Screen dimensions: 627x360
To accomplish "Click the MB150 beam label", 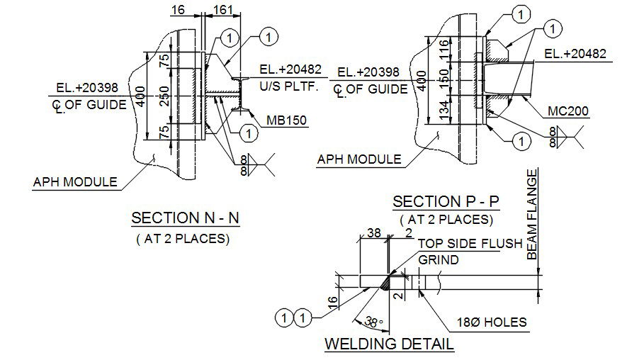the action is tap(286, 120).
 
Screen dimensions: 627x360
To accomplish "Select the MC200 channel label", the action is tap(567, 111).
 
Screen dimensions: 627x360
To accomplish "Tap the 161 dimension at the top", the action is tap(222, 9).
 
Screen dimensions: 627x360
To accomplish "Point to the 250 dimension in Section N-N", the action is tap(164, 96).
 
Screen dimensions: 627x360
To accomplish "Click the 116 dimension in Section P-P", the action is tap(444, 50).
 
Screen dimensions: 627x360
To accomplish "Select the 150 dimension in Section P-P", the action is tap(444, 79).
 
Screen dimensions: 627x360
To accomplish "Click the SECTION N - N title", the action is tap(185, 218).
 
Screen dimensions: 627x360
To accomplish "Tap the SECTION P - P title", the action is tap(446, 201).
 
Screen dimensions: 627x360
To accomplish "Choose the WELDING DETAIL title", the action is tap(389, 344).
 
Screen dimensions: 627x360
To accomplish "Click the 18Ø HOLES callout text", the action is tap(492, 322).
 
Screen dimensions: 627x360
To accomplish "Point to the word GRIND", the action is tap(439, 260).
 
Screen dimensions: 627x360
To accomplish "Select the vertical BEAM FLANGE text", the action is tap(532, 215).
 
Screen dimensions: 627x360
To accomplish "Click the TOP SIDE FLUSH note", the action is tap(470, 244).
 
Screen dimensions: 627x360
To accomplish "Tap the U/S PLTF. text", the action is tap(289, 86).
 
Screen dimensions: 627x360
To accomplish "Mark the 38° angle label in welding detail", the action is tap(374, 322).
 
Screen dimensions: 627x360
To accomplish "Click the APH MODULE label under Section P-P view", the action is tap(359, 159).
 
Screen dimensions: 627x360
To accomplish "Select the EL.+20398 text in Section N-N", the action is tap(87, 88).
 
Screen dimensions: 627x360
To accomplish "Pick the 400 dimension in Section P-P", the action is tap(422, 81).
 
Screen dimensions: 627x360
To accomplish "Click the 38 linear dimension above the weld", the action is tap(374, 232).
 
